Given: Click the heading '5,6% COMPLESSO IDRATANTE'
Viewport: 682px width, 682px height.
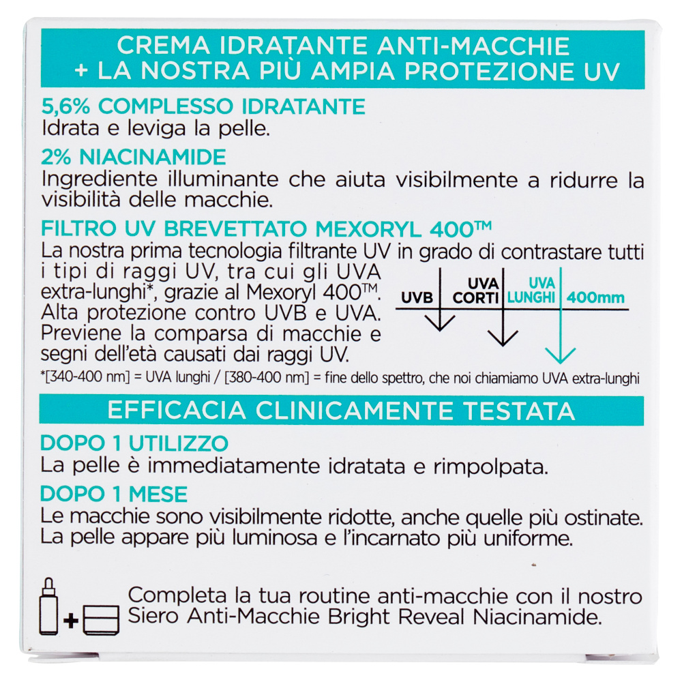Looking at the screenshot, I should (x=203, y=107).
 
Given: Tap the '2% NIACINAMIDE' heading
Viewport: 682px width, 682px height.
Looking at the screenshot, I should (x=133, y=158).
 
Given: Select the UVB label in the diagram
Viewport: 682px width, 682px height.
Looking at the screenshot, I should (x=417, y=298).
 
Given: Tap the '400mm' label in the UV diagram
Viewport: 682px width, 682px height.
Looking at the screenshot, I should (x=595, y=298).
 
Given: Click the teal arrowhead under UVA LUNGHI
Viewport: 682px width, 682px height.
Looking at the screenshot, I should (x=561, y=355).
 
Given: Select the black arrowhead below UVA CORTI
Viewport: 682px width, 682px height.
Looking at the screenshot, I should (x=503, y=337).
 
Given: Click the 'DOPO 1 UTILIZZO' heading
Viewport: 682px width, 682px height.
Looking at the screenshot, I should (x=134, y=443).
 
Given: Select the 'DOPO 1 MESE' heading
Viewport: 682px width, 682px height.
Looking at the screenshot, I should (x=114, y=494).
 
